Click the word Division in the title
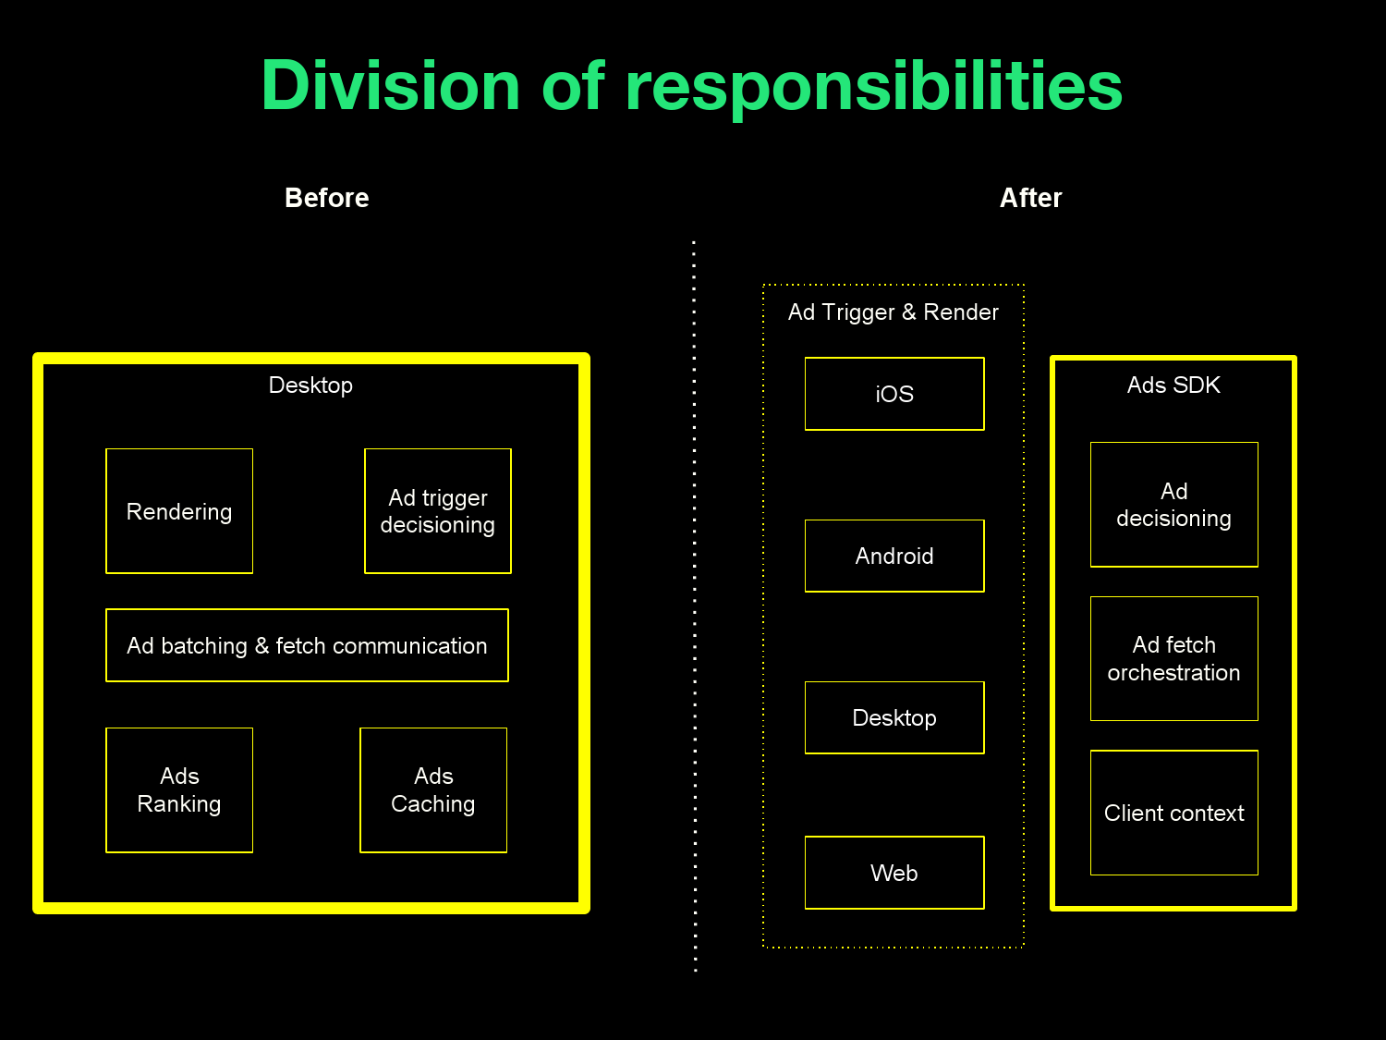click(391, 86)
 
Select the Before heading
click(327, 198)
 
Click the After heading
click(1030, 198)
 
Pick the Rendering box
click(179, 511)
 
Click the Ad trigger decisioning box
click(438, 511)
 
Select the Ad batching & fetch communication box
click(307, 645)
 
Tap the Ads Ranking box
click(179, 790)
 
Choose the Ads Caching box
click(433, 790)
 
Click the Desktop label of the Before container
click(310, 385)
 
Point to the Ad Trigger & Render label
click(893, 312)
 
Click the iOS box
click(894, 394)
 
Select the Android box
click(894, 556)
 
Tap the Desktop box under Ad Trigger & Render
click(894, 718)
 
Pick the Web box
click(894, 873)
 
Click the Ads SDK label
click(1173, 385)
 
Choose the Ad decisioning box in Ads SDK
click(1173, 505)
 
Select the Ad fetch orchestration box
click(1173, 658)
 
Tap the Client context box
click(1173, 813)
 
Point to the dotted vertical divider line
click(694, 601)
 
